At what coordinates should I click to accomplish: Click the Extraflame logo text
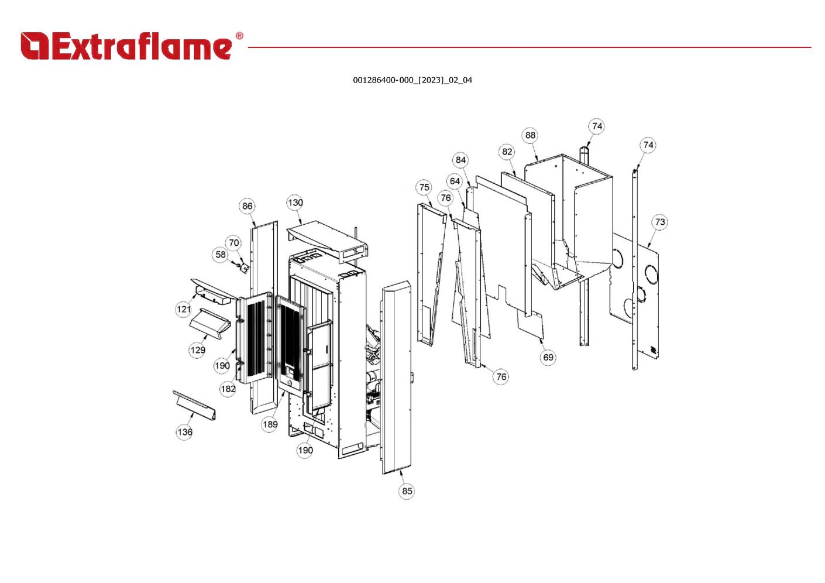coord(126,47)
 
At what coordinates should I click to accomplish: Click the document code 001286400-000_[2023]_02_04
coord(412,80)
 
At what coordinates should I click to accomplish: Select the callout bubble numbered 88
coord(530,135)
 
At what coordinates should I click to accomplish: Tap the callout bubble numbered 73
coord(659,222)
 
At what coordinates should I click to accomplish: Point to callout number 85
coord(407,491)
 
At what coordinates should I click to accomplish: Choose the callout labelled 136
coord(184,432)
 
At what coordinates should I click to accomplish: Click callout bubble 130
coord(295,203)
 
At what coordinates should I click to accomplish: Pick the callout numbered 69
coord(548,357)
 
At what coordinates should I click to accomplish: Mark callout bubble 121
coord(184,309)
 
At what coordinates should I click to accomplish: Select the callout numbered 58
coord(220,255)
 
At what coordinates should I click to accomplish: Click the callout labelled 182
coord(228,389)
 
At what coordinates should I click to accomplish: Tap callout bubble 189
coord(270,424)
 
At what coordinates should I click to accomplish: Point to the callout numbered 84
coord(461,160)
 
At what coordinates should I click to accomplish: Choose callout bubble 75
coord(424,187)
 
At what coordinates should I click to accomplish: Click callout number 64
coord(455,181)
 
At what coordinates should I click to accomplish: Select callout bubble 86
coord(247,206)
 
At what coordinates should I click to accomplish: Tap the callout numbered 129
coord(197,350)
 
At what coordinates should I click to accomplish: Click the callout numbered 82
coord(507,152)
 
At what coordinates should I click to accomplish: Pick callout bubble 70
coord(234,243)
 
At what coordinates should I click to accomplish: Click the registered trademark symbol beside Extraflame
coord(239,36)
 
